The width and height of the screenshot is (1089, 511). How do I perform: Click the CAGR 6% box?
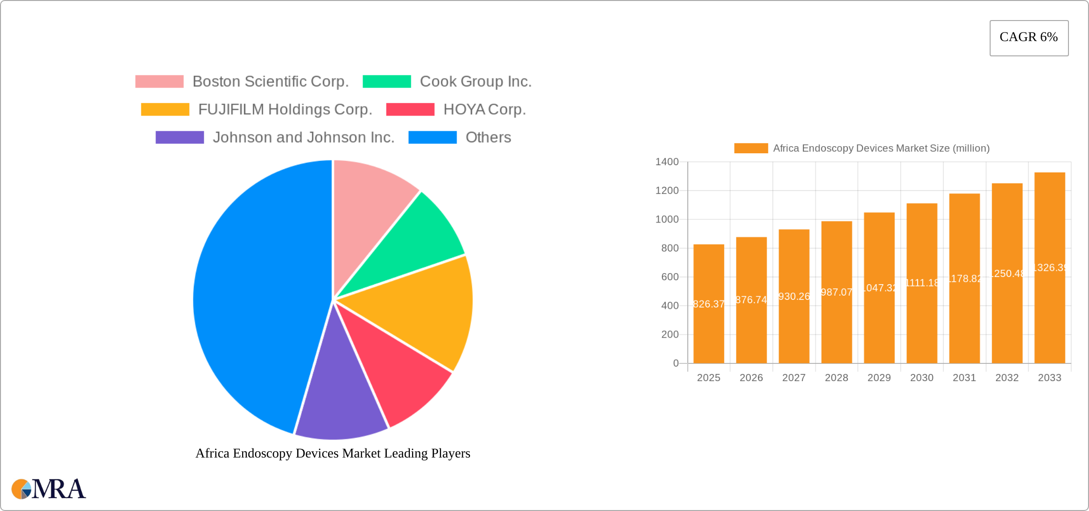click(x=1028, y=38)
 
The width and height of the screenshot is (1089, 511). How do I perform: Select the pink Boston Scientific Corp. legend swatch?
click(x=159, y=82)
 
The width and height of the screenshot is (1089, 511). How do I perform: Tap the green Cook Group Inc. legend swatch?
click(x=386, y=82)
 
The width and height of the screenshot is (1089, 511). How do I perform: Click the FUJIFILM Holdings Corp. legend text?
click(x=285, y=109)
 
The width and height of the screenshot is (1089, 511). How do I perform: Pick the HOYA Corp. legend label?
click(x=484, y=109)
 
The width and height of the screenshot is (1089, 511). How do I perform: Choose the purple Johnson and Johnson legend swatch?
click(x=180, y=138)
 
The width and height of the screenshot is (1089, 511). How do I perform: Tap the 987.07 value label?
click(x=836, y=292)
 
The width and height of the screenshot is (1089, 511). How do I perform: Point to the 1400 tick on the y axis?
click(x=667, y=162)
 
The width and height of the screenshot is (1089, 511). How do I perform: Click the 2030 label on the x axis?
click(x=921, y=378)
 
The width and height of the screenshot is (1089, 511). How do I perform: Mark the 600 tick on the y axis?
click(x=670, y=277)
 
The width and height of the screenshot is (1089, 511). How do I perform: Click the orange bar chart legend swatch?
click(x=751, y=149)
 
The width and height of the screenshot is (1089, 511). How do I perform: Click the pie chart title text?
click(x=333, y=453)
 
